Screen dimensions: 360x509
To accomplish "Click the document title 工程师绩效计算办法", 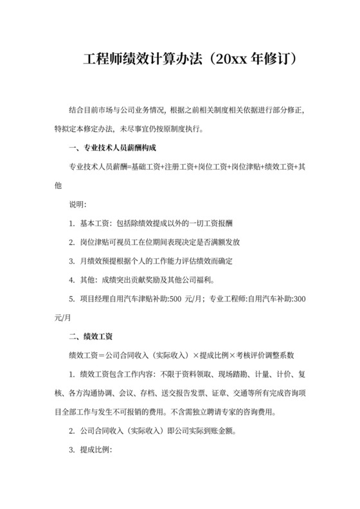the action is [x=142, y=60].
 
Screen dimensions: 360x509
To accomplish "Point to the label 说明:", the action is [x=77, y=204].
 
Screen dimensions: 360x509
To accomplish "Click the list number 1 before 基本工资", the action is [x=71, y=224].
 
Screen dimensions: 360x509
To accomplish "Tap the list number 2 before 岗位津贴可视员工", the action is [x=71, y=242].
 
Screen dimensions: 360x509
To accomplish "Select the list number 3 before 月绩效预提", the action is [x=71, y=261].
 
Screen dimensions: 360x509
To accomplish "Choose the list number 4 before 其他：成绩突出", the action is [x=71, y=280].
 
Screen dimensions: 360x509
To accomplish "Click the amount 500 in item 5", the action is [x=175, y=299].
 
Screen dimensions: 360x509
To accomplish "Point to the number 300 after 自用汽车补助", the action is [x=299, y=299].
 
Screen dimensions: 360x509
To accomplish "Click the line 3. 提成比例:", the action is [x=90, y=450].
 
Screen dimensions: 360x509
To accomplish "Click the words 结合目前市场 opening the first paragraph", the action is [x=87, y=110].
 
